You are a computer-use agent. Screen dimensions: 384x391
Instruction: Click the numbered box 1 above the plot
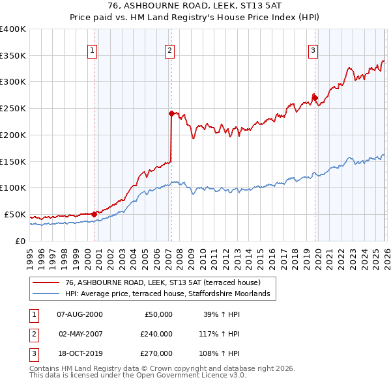[x=92, y=49]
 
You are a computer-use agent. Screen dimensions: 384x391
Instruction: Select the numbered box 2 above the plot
[x=169, y=49]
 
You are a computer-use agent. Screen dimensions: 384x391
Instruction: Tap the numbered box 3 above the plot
[x=313, y=49]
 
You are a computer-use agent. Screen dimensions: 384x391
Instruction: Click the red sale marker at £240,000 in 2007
[x=171, y=113]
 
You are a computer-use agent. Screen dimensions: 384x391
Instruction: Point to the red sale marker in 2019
[x=315, y=98]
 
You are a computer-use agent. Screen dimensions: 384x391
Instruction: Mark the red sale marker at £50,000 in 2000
[x=94, y=213]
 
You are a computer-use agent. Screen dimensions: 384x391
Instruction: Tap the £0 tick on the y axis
[x=20, y=241]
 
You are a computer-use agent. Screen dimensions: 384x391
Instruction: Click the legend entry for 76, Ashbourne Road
[x=163, y=283]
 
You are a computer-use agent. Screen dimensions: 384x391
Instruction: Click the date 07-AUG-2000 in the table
[x=80, y=314]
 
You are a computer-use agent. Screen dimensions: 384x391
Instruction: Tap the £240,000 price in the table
[x=156, y=334]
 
